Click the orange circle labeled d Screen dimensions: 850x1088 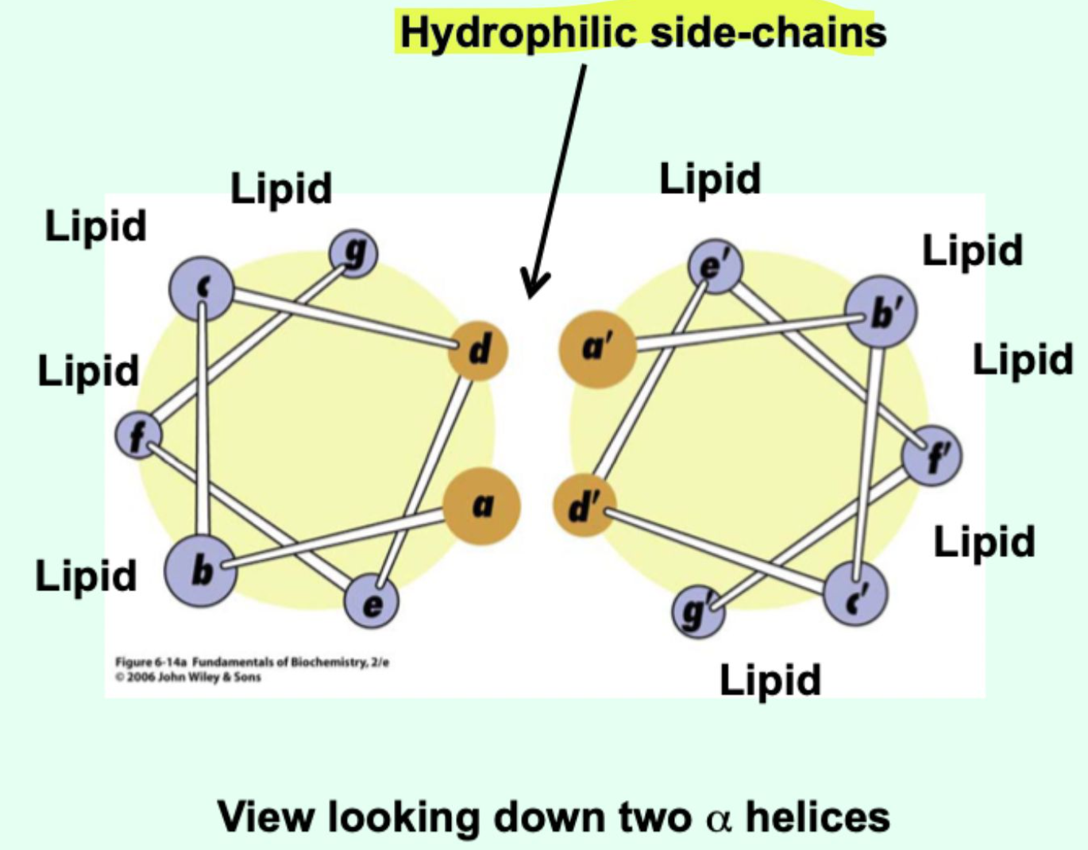point(477,350)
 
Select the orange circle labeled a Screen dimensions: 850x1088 point(481,506)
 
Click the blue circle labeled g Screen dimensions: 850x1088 point(353,253)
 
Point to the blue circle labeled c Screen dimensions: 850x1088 point(202,288)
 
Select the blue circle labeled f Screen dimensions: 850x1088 point(138,435)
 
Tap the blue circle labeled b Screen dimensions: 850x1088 point(201,570)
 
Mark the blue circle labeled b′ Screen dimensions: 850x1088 point(880,312)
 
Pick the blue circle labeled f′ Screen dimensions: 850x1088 point(932,456)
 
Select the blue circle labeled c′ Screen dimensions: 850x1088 point(855,595)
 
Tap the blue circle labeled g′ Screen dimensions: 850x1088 point(698,612)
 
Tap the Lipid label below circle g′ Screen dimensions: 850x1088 point(770,680)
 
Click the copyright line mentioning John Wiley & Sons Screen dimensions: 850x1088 point(188,678)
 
